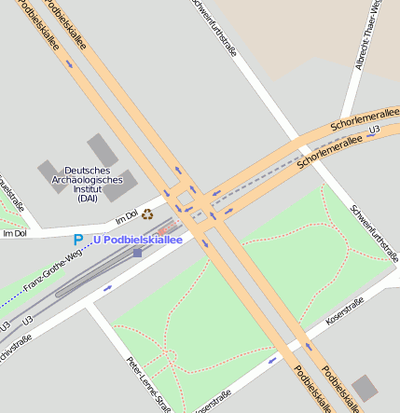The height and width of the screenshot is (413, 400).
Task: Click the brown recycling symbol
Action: point(147,213)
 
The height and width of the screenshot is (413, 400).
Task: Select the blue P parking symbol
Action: point(78,240)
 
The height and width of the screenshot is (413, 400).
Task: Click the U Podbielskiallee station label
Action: point(136,240)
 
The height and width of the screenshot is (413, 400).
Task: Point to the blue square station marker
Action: point(138,252)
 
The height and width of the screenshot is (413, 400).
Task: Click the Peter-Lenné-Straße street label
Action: point(148,382)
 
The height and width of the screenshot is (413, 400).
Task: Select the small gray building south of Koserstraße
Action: point(366,387)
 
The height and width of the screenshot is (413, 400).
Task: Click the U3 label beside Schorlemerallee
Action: point(374,129)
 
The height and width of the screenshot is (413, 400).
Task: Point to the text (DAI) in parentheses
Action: point(88,198)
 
